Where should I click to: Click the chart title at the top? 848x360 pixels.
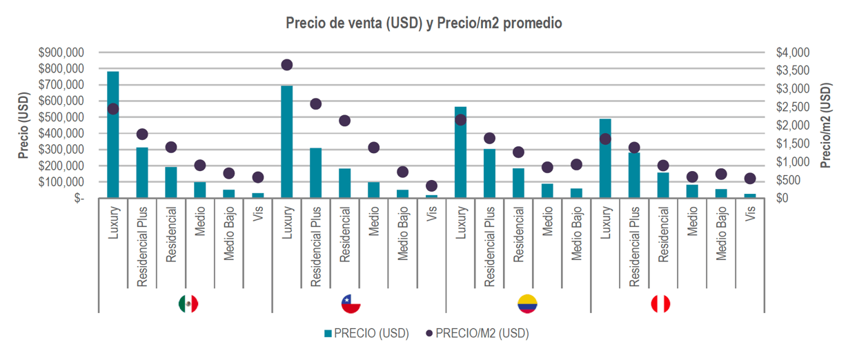[x=424, y=23]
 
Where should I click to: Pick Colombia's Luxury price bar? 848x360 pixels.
[x=461, y=152]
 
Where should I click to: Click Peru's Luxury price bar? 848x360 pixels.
[x=605, y=158]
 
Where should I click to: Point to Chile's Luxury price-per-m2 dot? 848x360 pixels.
[x=287, y=65]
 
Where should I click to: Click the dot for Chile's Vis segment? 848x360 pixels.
[x=432, y=186]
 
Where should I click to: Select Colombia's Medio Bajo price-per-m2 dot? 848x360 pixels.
[x=577, y=164]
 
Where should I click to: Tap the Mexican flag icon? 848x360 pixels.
[x=188, y=303]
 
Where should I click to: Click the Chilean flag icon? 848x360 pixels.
[x=351, y=303]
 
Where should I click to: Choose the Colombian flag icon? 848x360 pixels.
[x=528, y=303]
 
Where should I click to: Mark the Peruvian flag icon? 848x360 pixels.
[x=660, y=303]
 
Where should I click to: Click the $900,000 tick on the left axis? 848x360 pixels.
[x=63, y=53]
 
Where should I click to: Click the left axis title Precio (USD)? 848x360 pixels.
[x=22, y=126]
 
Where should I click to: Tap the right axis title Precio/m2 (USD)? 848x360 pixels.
[x=826, y=126]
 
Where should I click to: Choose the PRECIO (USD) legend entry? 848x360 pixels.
[x=366, y=334]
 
